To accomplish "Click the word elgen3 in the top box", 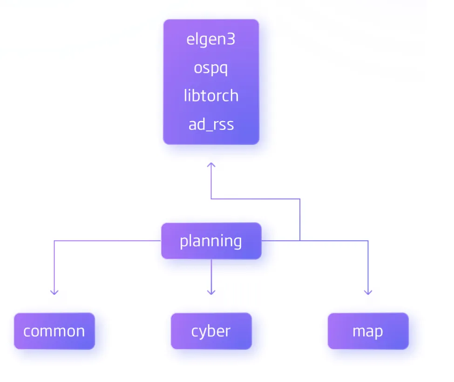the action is point(211,40).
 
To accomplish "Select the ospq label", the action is point(211,68).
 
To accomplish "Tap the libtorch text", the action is point(211,95).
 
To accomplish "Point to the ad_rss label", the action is point(211,124).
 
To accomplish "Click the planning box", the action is point(211,241).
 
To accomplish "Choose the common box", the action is point(54,331).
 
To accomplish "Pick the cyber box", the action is point(211,331).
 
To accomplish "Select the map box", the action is point(368,331).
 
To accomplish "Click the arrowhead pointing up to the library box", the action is point(211,164).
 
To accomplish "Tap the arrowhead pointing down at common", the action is point(54,293).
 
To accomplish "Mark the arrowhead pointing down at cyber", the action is point(211,293).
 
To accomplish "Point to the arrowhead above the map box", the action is point(368,293).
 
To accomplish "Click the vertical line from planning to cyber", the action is point(211,277).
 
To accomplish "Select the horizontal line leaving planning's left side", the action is point(108,241).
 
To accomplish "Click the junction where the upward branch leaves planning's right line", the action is point(300,241).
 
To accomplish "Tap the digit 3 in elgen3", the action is point(231,39).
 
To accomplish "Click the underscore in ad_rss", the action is point(209,131).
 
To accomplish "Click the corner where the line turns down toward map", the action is point(368,241).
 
